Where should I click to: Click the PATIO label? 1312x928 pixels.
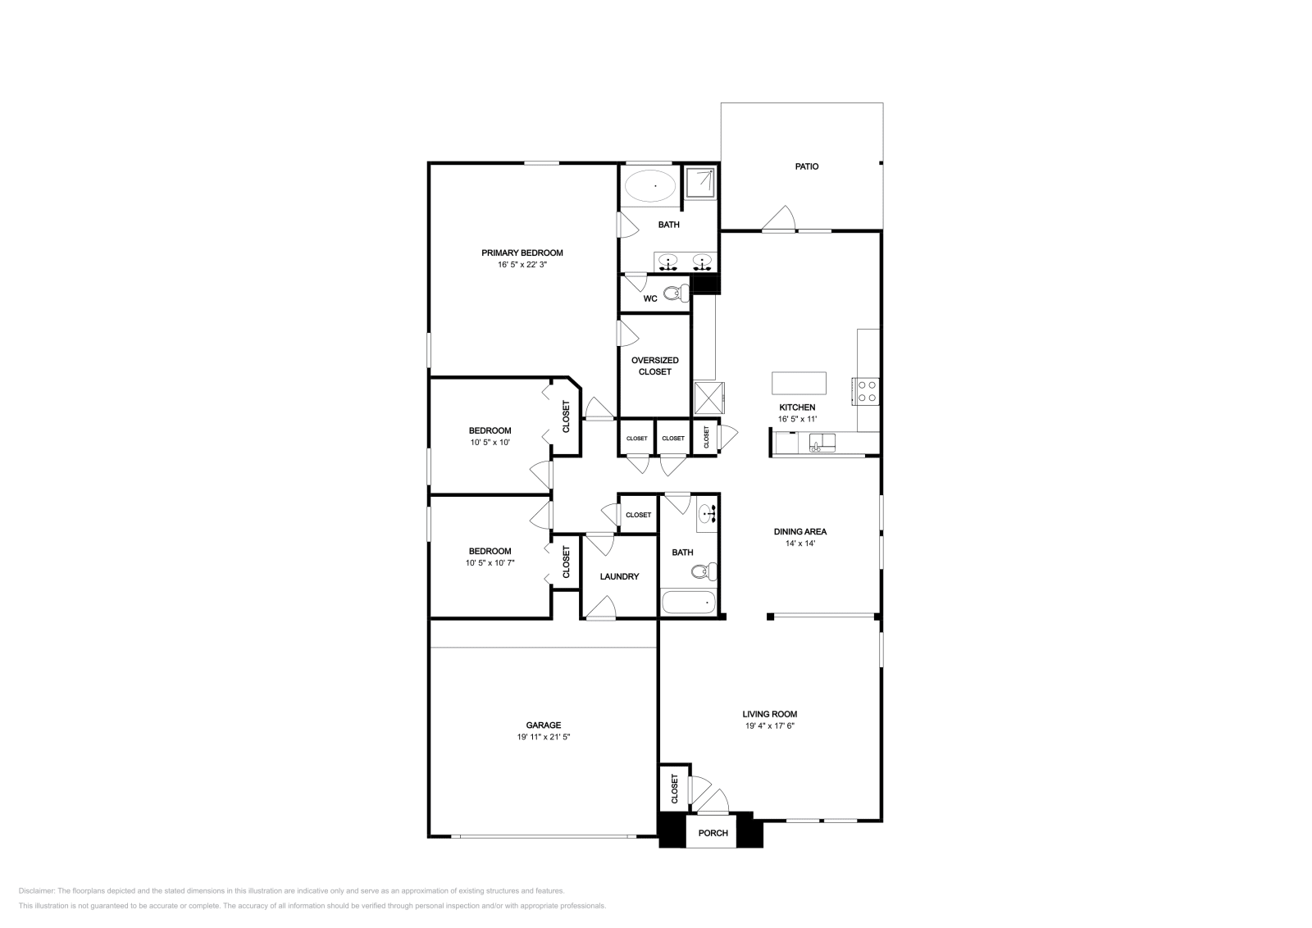point(807,166)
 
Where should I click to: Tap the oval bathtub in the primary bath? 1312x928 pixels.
point(650,186)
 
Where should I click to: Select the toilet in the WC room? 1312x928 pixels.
point(677,293)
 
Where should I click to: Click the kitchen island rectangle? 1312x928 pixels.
point(799,383)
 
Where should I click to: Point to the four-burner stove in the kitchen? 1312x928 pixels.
point(866,391)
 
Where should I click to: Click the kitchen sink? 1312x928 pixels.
point(822,443)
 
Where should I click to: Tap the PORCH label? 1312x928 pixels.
point(713,833)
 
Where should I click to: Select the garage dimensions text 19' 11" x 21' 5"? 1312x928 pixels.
point(544,736)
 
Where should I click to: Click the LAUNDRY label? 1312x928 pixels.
point(619,576)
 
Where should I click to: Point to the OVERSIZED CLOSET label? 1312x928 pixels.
point(655,366)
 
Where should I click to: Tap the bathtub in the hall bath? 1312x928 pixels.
point(688,602)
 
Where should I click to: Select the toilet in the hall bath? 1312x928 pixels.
point(704,571)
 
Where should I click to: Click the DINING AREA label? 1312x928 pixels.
point(800,531)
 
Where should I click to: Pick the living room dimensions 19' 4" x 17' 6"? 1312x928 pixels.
point(770,726)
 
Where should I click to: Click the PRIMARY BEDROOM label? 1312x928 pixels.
point(522,253)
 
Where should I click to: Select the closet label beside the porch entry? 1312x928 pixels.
point(674,789)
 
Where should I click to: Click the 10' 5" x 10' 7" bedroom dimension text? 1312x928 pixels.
point(490,562)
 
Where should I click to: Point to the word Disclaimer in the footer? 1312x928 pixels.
point(36,890)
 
